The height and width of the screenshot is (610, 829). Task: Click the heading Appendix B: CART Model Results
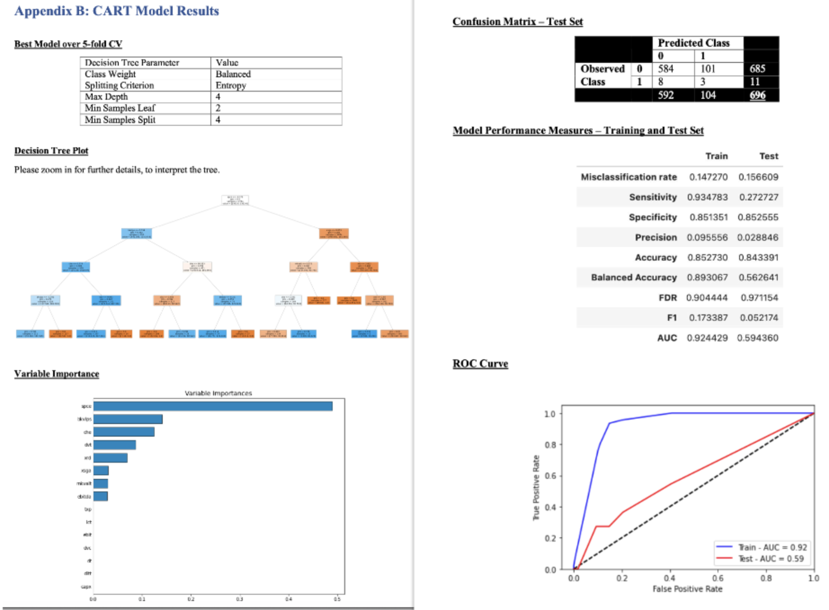[x=116, y=11]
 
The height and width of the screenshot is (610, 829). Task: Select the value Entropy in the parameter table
[x=231, y=85]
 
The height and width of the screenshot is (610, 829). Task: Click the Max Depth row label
[x=106, y=97]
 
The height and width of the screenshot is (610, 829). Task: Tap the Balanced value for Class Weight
[x=233, y=74]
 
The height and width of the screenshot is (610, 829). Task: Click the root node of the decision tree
[x=235, y=200]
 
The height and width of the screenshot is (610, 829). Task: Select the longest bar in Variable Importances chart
[x=213, y=406]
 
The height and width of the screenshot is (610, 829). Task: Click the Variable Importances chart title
[x=218, y=393]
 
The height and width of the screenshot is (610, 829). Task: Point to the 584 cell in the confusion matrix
[x=666, y=69]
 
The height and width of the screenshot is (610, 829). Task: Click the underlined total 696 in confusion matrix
[x=757, y=95]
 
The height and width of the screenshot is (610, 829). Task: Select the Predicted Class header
[x=693, y=43]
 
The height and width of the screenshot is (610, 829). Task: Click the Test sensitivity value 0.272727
[x=758, y=197]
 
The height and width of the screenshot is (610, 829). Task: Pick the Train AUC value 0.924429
[x=707, y=338]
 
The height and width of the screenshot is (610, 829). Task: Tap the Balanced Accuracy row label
[x=633, y=278]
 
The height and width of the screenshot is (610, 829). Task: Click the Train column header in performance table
[x=716, y=156]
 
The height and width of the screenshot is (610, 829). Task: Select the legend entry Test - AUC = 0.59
[x=771, y=558]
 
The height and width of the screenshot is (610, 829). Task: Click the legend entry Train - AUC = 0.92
[x=772, y=547]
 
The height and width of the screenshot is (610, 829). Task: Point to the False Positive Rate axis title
[x=687, y=589]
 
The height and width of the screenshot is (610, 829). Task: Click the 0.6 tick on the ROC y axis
[x=550, y=476]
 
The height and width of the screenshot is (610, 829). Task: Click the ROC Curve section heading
[x=480, y=363]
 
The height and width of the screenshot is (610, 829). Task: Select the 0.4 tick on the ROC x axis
[x=669, y=578]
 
